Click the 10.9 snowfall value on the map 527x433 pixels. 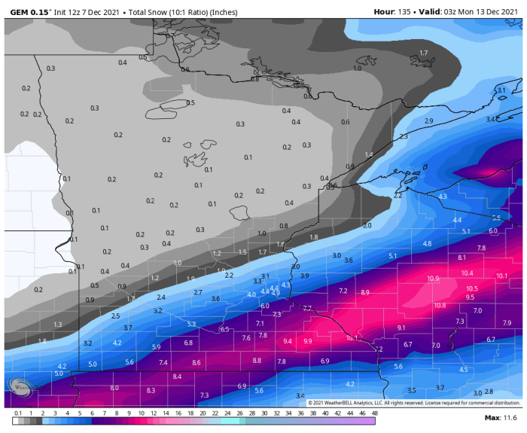click(x=433, y=279)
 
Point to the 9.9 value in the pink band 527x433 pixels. click(x=307, y=341)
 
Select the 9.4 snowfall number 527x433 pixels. click(x=287, y=341)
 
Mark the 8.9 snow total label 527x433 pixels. click(x=365, y=292)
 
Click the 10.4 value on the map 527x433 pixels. click(x=467, y=273)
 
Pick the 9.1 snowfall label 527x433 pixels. click(x=401, y=328)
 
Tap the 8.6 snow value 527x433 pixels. click(x=196, y=363)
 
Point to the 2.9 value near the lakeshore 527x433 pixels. click(x=428, y=121)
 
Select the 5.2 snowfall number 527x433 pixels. click(x=191, y=324)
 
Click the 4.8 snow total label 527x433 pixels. click(x=427, y=244)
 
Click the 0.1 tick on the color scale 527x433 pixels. click(x=16, y=413)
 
